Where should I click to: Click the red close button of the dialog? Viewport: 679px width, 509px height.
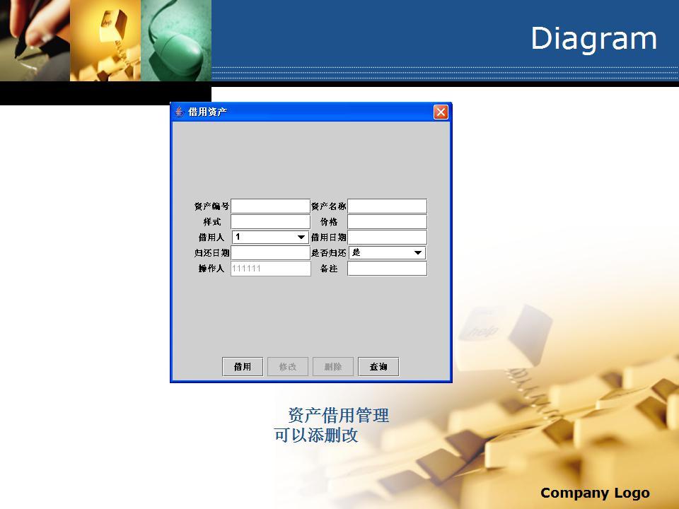pyautogui.click(x=441, y=112)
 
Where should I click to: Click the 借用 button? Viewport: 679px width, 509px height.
pyautogui.click(x=243, y=367)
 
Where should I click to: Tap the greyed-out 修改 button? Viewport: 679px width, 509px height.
pyautogui.click(x=288, y=367)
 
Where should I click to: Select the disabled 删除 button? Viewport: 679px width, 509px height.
pyautogui.click(x=333, y=367)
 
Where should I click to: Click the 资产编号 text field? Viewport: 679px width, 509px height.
pyautogui.click(x=271, y=206)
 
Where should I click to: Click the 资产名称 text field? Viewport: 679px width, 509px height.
pyautogui.click(x=387, y=206)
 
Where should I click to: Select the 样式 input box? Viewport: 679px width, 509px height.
pyautogui.click(x=271, y=221)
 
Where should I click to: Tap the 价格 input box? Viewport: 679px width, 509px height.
pyautogui.click(x=387, y=221)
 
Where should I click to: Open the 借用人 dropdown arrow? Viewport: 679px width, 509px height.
pyautogui.click(x=301, y=238)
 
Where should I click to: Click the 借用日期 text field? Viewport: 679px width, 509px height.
pyautogui.click(x=387, y=238)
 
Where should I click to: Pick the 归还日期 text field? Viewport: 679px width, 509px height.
pyautogui.click(x=271, y=253)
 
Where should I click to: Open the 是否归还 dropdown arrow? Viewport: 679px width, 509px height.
pyautogui.click(x=418, y=253)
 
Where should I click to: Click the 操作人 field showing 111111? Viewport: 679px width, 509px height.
pyautogui.click(x=271, y=269)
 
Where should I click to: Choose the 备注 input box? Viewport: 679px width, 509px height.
pyautogui.click(x=387, y=269)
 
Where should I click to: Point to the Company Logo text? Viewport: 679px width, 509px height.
pyautogui.click(x=595, y=493)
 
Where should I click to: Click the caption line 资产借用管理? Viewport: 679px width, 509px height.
pyautogui.click(x=339, y=415)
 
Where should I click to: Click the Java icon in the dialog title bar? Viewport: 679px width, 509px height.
pyautogui.click(x=179, y=112)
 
